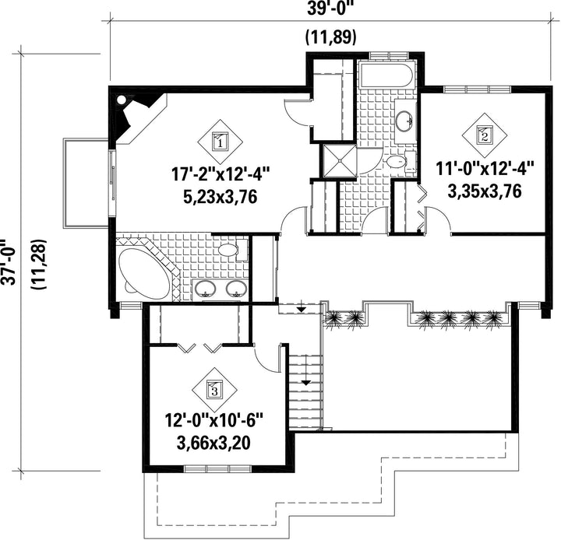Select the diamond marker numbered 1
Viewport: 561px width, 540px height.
tap(220, 142)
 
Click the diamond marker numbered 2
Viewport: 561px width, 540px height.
tap(485, 135)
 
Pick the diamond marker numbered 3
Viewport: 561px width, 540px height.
tap(215, 390)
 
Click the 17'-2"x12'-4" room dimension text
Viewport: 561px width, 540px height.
tap(221, 175)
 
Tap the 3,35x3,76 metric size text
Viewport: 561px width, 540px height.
tap(485, 192)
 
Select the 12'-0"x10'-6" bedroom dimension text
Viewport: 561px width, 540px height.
tap(214, 420)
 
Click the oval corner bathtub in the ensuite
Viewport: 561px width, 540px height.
tap(144, 273)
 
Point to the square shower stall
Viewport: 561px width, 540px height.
tap(339, 160)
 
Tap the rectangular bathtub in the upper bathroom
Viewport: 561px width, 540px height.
tap(386, 75)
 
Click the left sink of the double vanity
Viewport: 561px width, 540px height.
tap(205, 289)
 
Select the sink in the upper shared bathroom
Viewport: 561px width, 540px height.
tap(405, 121)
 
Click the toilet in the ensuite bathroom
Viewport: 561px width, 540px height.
tap(232, 249)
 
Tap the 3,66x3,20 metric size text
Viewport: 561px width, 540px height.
tap(213, 444)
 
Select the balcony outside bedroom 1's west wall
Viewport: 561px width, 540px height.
tap(86, 183)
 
